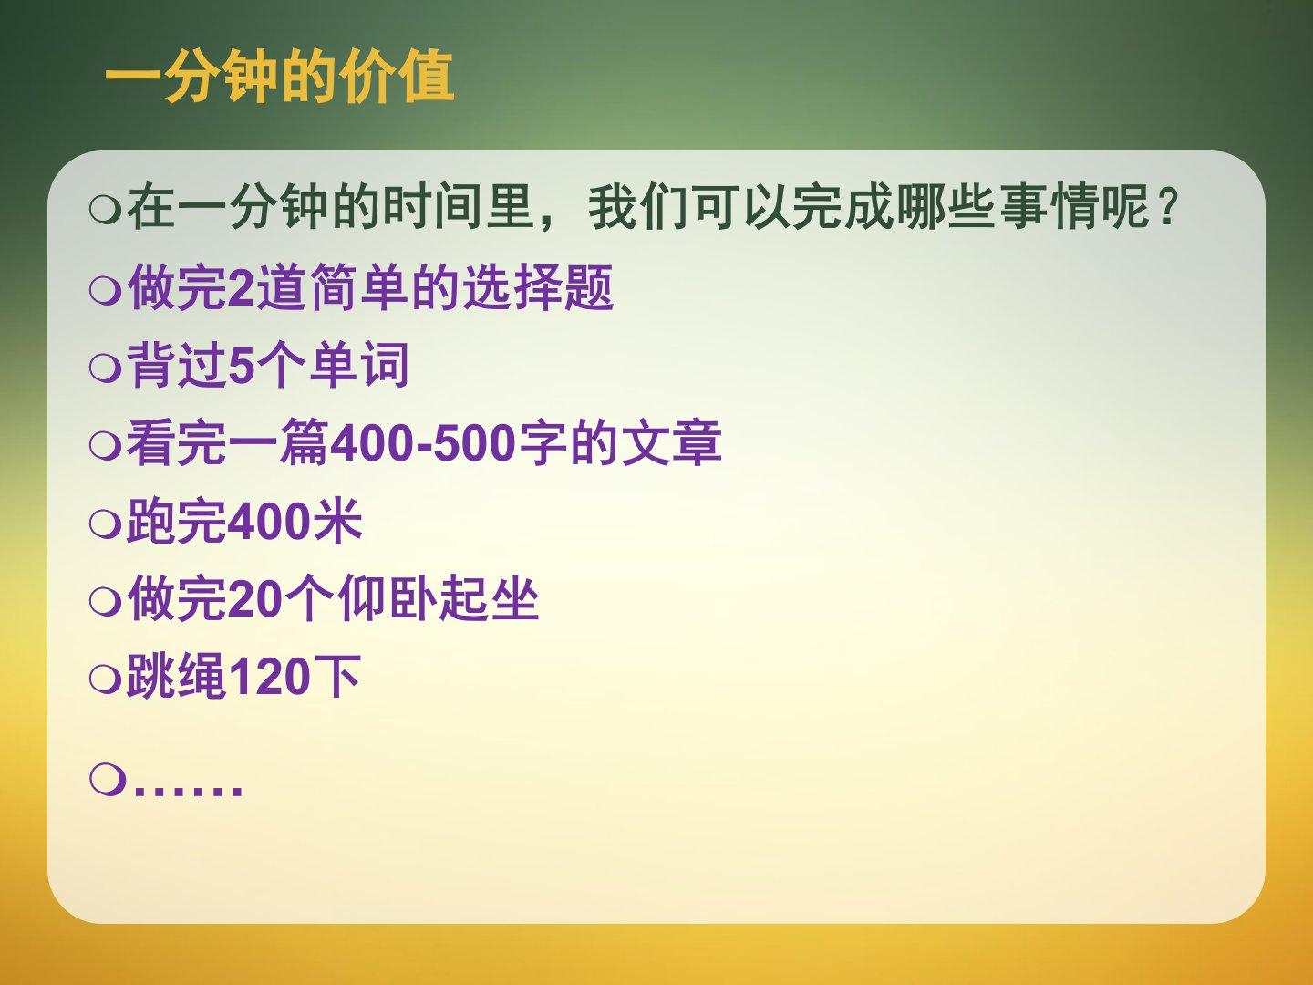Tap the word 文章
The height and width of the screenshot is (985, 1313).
click(672, 442)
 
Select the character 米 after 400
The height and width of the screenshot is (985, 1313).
click(336, 521)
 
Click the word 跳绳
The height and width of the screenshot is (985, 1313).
click(177, 677)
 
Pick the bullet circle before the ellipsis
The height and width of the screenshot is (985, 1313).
click(108, 781)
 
